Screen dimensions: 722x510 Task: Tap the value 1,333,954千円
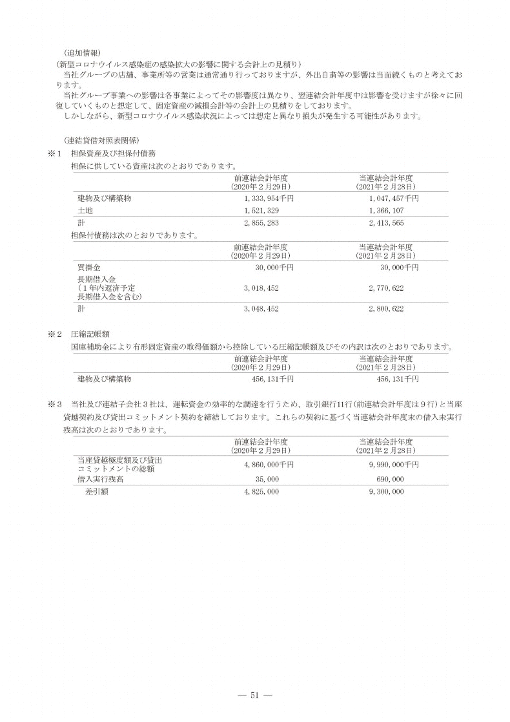tap(265, 198)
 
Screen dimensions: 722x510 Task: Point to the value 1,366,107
tap(386, 211)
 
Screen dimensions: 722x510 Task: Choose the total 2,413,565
tap(386, 223)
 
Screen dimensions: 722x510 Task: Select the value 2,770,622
tap(386, 288)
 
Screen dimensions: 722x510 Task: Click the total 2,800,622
tap(386, 309)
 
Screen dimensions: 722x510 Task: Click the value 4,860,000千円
tap(265, 464)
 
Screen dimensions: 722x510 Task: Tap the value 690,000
tap(389, 479)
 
